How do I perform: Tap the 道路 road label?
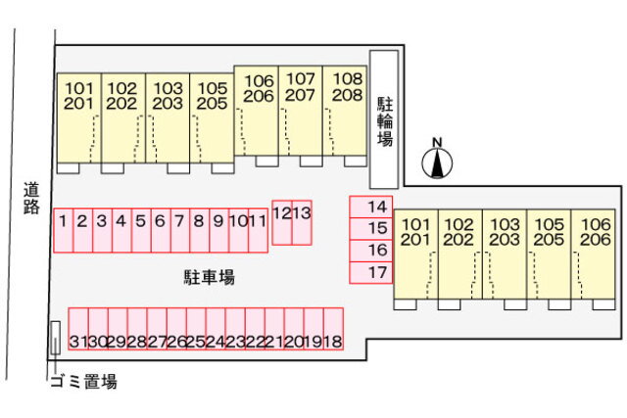point(31,199)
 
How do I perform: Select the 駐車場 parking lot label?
point(208,278)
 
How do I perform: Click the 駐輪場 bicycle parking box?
point(384,118)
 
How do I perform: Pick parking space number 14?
point(371,207)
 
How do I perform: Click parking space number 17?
point(371,273)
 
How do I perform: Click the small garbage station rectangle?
point(56,338)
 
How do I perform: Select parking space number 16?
point(371,251)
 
